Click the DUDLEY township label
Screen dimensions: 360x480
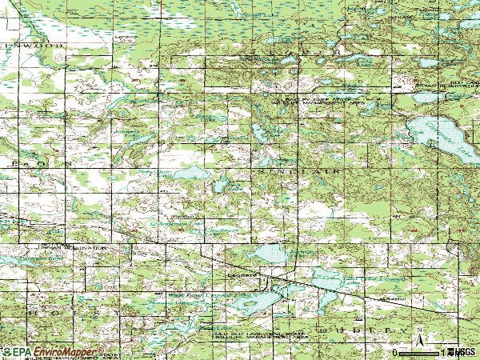pyautogui.click(x=367, y=329)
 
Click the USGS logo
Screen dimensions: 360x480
pyautogui.click(x=464, y=352)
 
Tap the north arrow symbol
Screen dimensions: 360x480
pyautogui.click(x=419, y=345)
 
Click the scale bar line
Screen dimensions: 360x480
pyautogui.click(x=424, y=353)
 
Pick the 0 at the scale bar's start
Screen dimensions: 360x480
pyautogui.click(x=395, y=352)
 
